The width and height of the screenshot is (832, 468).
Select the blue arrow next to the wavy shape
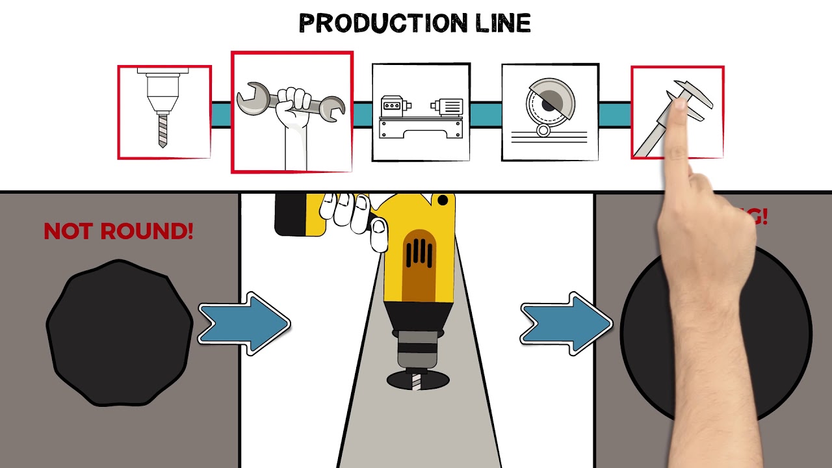[x=243, y=323]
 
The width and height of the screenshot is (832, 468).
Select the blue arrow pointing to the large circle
[x=565, y=323]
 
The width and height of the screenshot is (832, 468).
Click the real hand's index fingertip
[x=676, y=105]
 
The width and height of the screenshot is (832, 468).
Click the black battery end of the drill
[x=289, y=214]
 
